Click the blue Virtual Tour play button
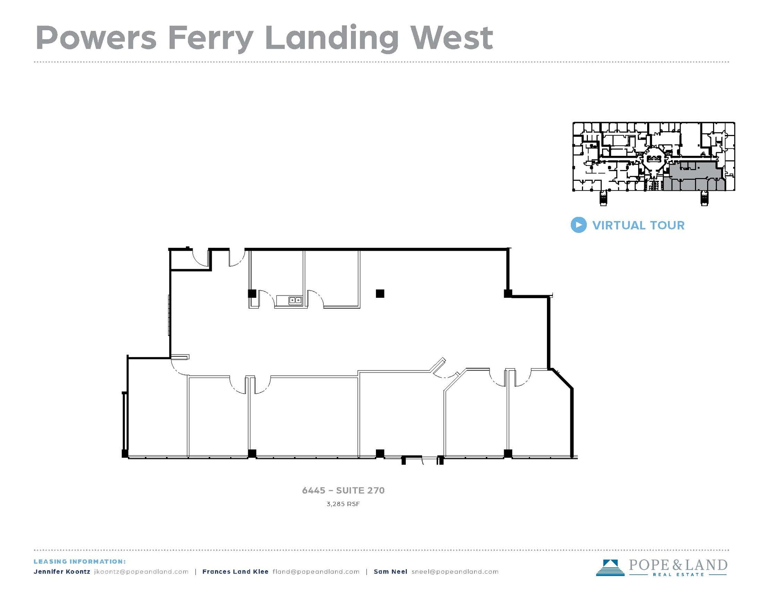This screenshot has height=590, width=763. coord(578,225)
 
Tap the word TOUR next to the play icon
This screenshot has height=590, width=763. coord(667,225)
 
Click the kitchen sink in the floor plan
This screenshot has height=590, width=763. coord(295,300)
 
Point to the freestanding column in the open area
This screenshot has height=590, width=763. coord(380,294)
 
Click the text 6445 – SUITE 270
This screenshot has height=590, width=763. coord(343,490)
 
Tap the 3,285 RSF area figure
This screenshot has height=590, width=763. coord(343,504)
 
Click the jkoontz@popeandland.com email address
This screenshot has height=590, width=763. coord(141,572)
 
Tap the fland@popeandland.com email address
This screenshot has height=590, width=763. coord(316,572)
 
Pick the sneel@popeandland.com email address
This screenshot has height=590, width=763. coord(455,572)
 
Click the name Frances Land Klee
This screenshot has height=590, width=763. coord(235,572)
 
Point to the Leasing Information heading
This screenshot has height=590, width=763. coord(80,562)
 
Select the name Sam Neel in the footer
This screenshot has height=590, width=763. coord(390,572)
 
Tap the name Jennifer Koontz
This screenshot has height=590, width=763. coord(62,572)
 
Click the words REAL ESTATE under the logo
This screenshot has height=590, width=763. coord(678,574)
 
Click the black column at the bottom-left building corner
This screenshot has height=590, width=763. coord(125,454)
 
